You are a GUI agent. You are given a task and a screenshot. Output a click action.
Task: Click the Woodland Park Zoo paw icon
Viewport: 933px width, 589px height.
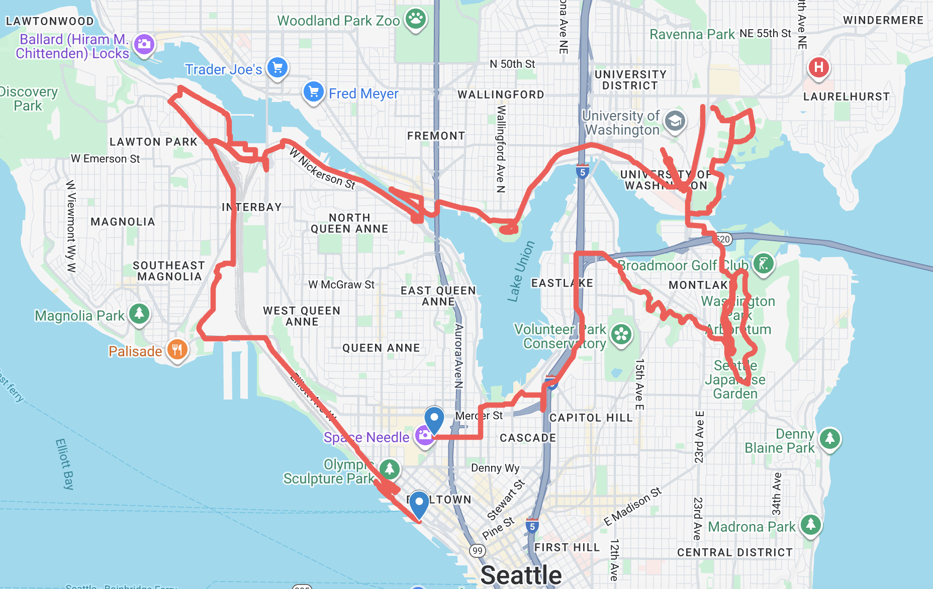pyautogui.click(x=415, y=20)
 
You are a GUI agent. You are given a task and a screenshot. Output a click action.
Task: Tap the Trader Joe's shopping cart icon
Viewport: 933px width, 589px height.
pyautogui.click(x=277, y=67)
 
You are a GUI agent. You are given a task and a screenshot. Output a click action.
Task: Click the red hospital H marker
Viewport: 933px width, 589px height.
pyautogui.click(x=818, y=67)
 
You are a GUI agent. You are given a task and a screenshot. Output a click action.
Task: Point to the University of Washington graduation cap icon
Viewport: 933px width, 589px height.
pyautogui.click(x=675, y=121)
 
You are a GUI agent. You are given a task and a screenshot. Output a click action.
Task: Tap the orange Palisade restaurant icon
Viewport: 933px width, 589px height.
pyautogui.click(x=177, y=349)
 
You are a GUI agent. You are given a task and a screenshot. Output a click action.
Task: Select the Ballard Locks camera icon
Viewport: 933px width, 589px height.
pyautogui.click(x=144, y=45)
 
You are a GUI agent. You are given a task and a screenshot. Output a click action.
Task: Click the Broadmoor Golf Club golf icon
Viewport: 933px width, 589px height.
pyautogui.click(x=763, y=263)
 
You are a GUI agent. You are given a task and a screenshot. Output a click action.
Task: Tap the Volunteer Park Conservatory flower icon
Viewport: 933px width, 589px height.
pyautogui.click(x=621, y=334)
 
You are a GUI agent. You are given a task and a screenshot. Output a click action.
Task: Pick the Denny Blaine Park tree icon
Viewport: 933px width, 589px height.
pyautogui.click(x=829, y=439)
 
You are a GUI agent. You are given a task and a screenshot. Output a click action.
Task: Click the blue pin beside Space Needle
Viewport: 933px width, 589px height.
pyautogui.click(x=434, y=419)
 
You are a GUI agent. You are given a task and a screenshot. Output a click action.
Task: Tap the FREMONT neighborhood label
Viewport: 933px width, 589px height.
pyautogui.click(x=436, y=136)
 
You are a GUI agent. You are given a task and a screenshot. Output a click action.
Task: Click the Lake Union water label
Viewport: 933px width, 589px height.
pyautogui.click(x=521, y=271)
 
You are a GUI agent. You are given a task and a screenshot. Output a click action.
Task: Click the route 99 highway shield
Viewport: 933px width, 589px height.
pyautogui.click(x=477, y=550)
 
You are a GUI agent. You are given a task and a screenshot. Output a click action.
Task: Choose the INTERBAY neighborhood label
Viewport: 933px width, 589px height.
pyautogui.click(x=251, y=207)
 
